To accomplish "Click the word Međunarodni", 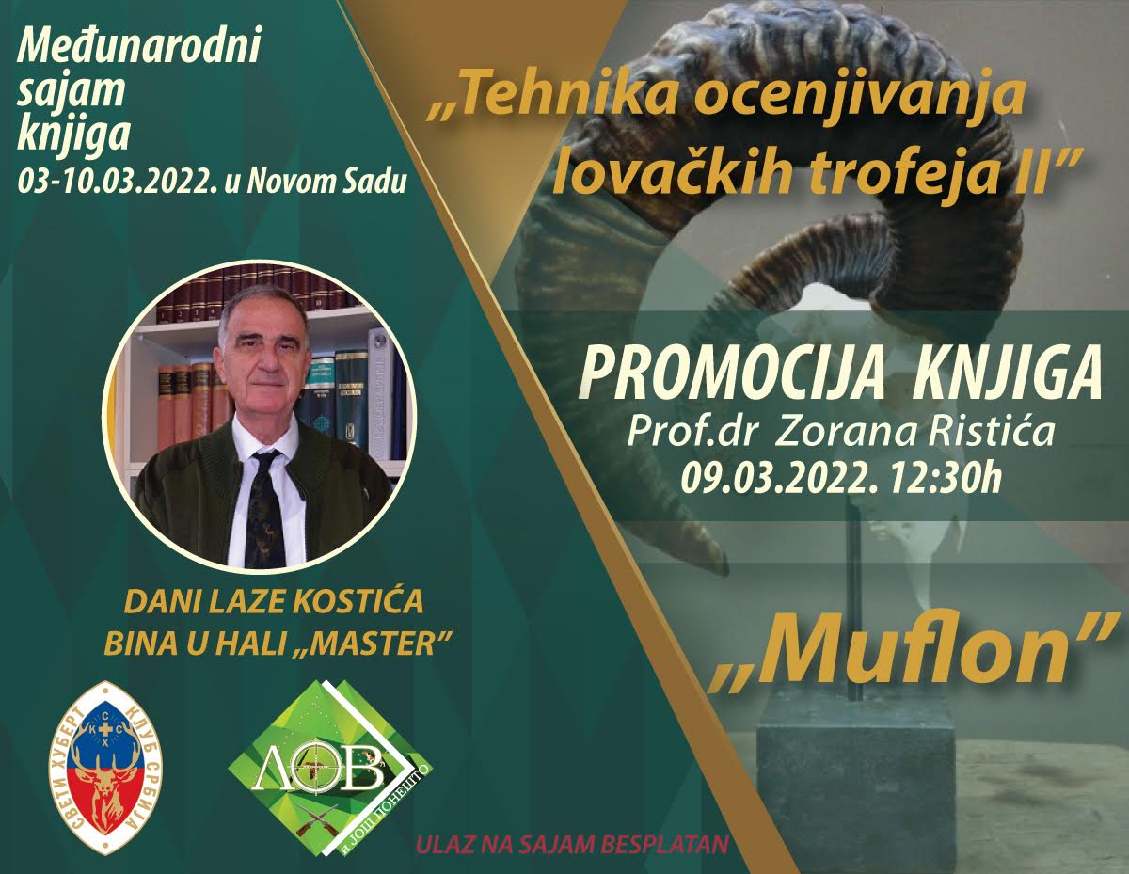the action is point(138,48).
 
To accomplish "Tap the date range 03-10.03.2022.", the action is point(118,181).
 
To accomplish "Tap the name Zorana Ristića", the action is point(914,432).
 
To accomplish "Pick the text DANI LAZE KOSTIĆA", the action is point(274,602).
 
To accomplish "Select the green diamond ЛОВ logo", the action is point(330,775).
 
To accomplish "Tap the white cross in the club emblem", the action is point(105,728).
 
